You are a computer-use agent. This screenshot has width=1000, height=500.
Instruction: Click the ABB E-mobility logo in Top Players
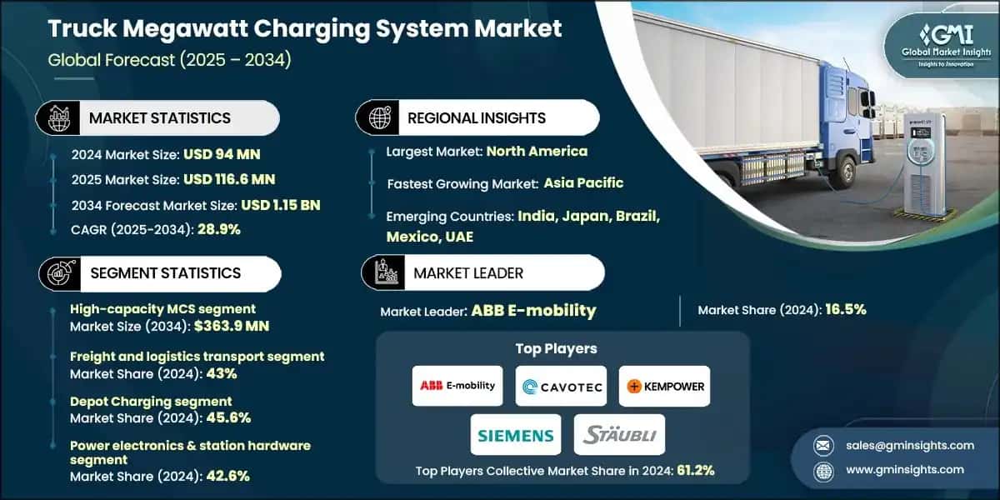coord(457,386)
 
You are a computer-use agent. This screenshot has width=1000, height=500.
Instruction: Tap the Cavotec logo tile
coord(561,386)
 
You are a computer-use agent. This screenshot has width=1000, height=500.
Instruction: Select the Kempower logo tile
coord(664,386)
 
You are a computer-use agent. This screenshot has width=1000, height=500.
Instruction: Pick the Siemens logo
coord(516,434)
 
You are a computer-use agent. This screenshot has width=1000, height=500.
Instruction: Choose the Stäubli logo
coord(619,434)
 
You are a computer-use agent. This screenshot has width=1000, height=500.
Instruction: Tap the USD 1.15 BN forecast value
coord(282,204)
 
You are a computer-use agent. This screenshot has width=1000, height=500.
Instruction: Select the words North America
coord(537,151)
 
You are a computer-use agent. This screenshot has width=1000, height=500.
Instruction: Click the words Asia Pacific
coord(583,182)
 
